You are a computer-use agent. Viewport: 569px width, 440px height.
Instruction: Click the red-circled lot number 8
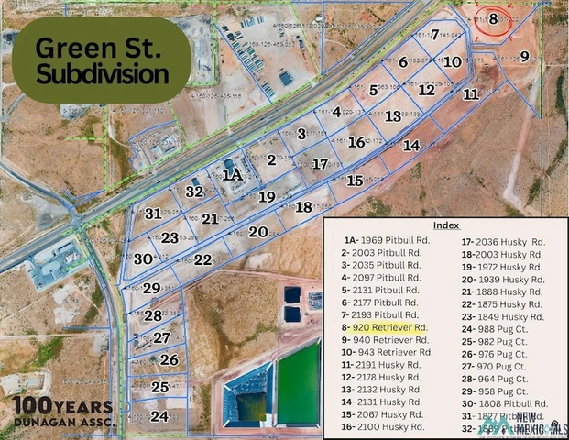tap(493, 18)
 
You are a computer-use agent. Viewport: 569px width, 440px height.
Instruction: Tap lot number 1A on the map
tap(233, 173)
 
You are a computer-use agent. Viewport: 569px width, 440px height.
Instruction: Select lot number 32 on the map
tap(193, 192)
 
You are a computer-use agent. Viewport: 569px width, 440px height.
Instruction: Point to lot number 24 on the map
tap(159, 415)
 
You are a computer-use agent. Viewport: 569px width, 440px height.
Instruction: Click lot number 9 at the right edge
tap(524, 57)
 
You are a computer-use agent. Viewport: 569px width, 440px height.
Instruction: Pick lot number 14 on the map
tap(411, 145)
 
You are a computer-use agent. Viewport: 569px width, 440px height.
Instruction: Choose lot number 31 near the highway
tap(153, 214)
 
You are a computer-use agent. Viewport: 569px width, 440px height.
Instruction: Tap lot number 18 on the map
tap(303, 206)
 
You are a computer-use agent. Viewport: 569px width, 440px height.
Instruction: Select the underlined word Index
tap(446, 225)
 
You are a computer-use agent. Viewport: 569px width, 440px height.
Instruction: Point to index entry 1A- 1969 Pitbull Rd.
tap(378, 240)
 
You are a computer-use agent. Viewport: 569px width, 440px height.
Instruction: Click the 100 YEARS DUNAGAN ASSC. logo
tap(61, 412)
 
